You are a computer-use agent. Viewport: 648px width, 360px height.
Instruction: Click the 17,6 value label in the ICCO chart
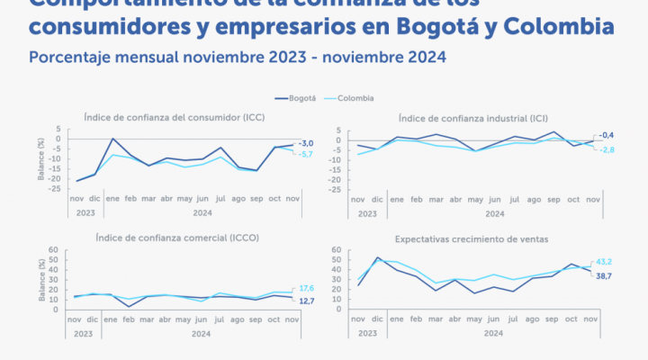point(306,288)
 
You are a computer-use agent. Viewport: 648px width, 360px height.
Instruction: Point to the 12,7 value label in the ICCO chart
point(306,300)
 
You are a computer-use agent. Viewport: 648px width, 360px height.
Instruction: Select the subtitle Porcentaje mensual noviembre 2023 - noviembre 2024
point(237,57)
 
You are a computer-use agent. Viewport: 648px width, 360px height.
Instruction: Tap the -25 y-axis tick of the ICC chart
point(54,189)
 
